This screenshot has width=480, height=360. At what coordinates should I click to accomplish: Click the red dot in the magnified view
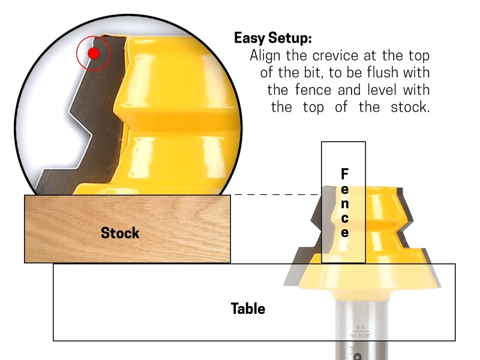point(93,53)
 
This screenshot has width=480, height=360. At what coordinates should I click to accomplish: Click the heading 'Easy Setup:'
point(273,38)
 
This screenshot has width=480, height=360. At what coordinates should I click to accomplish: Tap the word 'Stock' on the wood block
point(120,233)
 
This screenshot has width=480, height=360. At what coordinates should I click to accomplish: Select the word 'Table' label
point(248,309)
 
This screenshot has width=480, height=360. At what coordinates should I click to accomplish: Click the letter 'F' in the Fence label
point(344,174)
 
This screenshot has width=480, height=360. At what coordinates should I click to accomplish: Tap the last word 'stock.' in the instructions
point(412,108)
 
